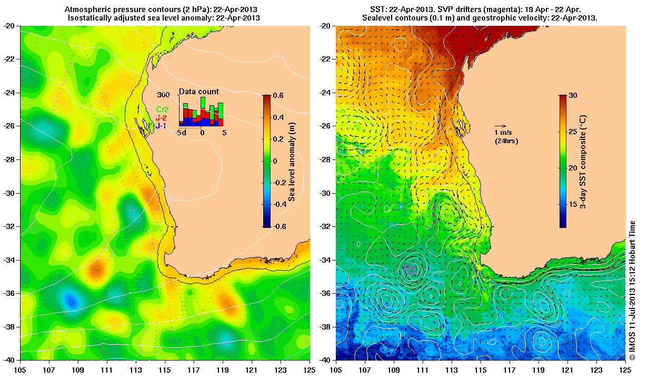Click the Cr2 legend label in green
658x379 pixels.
pyautogui.click(x=162, y=109)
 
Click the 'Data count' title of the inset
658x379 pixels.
pyautogui.click(x=198, y=92)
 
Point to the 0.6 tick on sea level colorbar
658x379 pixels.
pyautogui.click(x=278, y=95)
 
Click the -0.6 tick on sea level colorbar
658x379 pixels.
pyautogui.click(x=277, y=227)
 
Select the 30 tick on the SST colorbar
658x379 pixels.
pyautogui.click(x=574, y=95)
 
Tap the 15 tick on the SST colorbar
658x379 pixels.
pyautogui.click(x=574, y=201)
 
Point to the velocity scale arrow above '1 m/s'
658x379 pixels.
pyautogui.click(x=500, y=126)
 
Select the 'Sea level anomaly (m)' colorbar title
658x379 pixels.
pyautogui.click(x=292, y=161)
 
